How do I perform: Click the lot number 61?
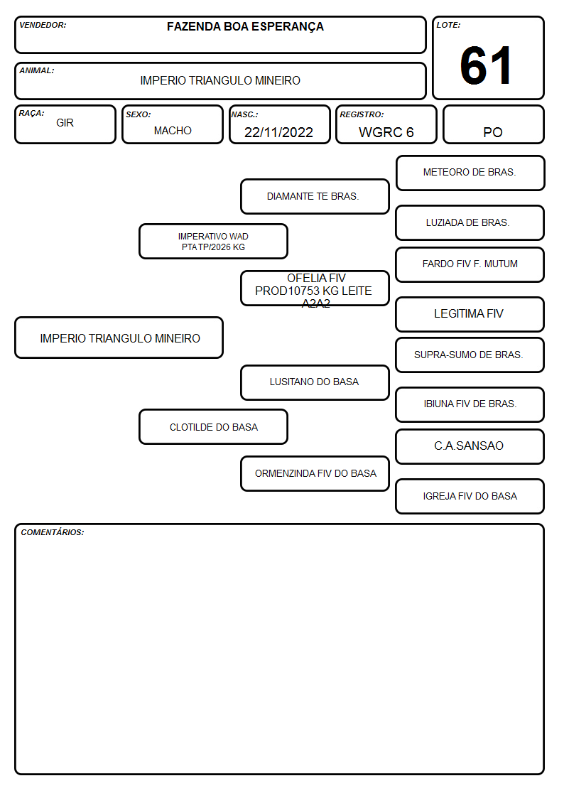[x=486, y=65]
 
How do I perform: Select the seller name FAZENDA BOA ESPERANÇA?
[x=245, y=27]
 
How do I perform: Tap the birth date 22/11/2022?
[x=278, y=132]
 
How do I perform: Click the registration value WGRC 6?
[x=386, y=132]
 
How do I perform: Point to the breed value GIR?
[x=65, y=123]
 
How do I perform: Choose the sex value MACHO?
[x=173, y=131]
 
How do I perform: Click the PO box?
[x=493, y=124]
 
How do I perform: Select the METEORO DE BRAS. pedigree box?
[x=470, y=173]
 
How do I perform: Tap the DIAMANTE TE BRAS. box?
[x=315, y=196]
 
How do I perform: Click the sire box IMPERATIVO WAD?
[x=213, y=241]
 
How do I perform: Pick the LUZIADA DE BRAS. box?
[x=470, y=223]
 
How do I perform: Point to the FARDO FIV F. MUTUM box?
[x=470, y=264]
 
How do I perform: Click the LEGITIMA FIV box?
[x=470, y=315]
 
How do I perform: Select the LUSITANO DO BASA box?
[x=315, y=382]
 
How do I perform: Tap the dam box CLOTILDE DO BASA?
[x=213, y=427]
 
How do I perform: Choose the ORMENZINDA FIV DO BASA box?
[x=315, y=474]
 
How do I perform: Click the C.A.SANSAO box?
[x=470, y=446]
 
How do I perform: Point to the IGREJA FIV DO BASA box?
[x=470, y=496]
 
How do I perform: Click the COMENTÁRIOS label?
[x=53, y=532]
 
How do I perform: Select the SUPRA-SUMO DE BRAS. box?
[x=470, y=355]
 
